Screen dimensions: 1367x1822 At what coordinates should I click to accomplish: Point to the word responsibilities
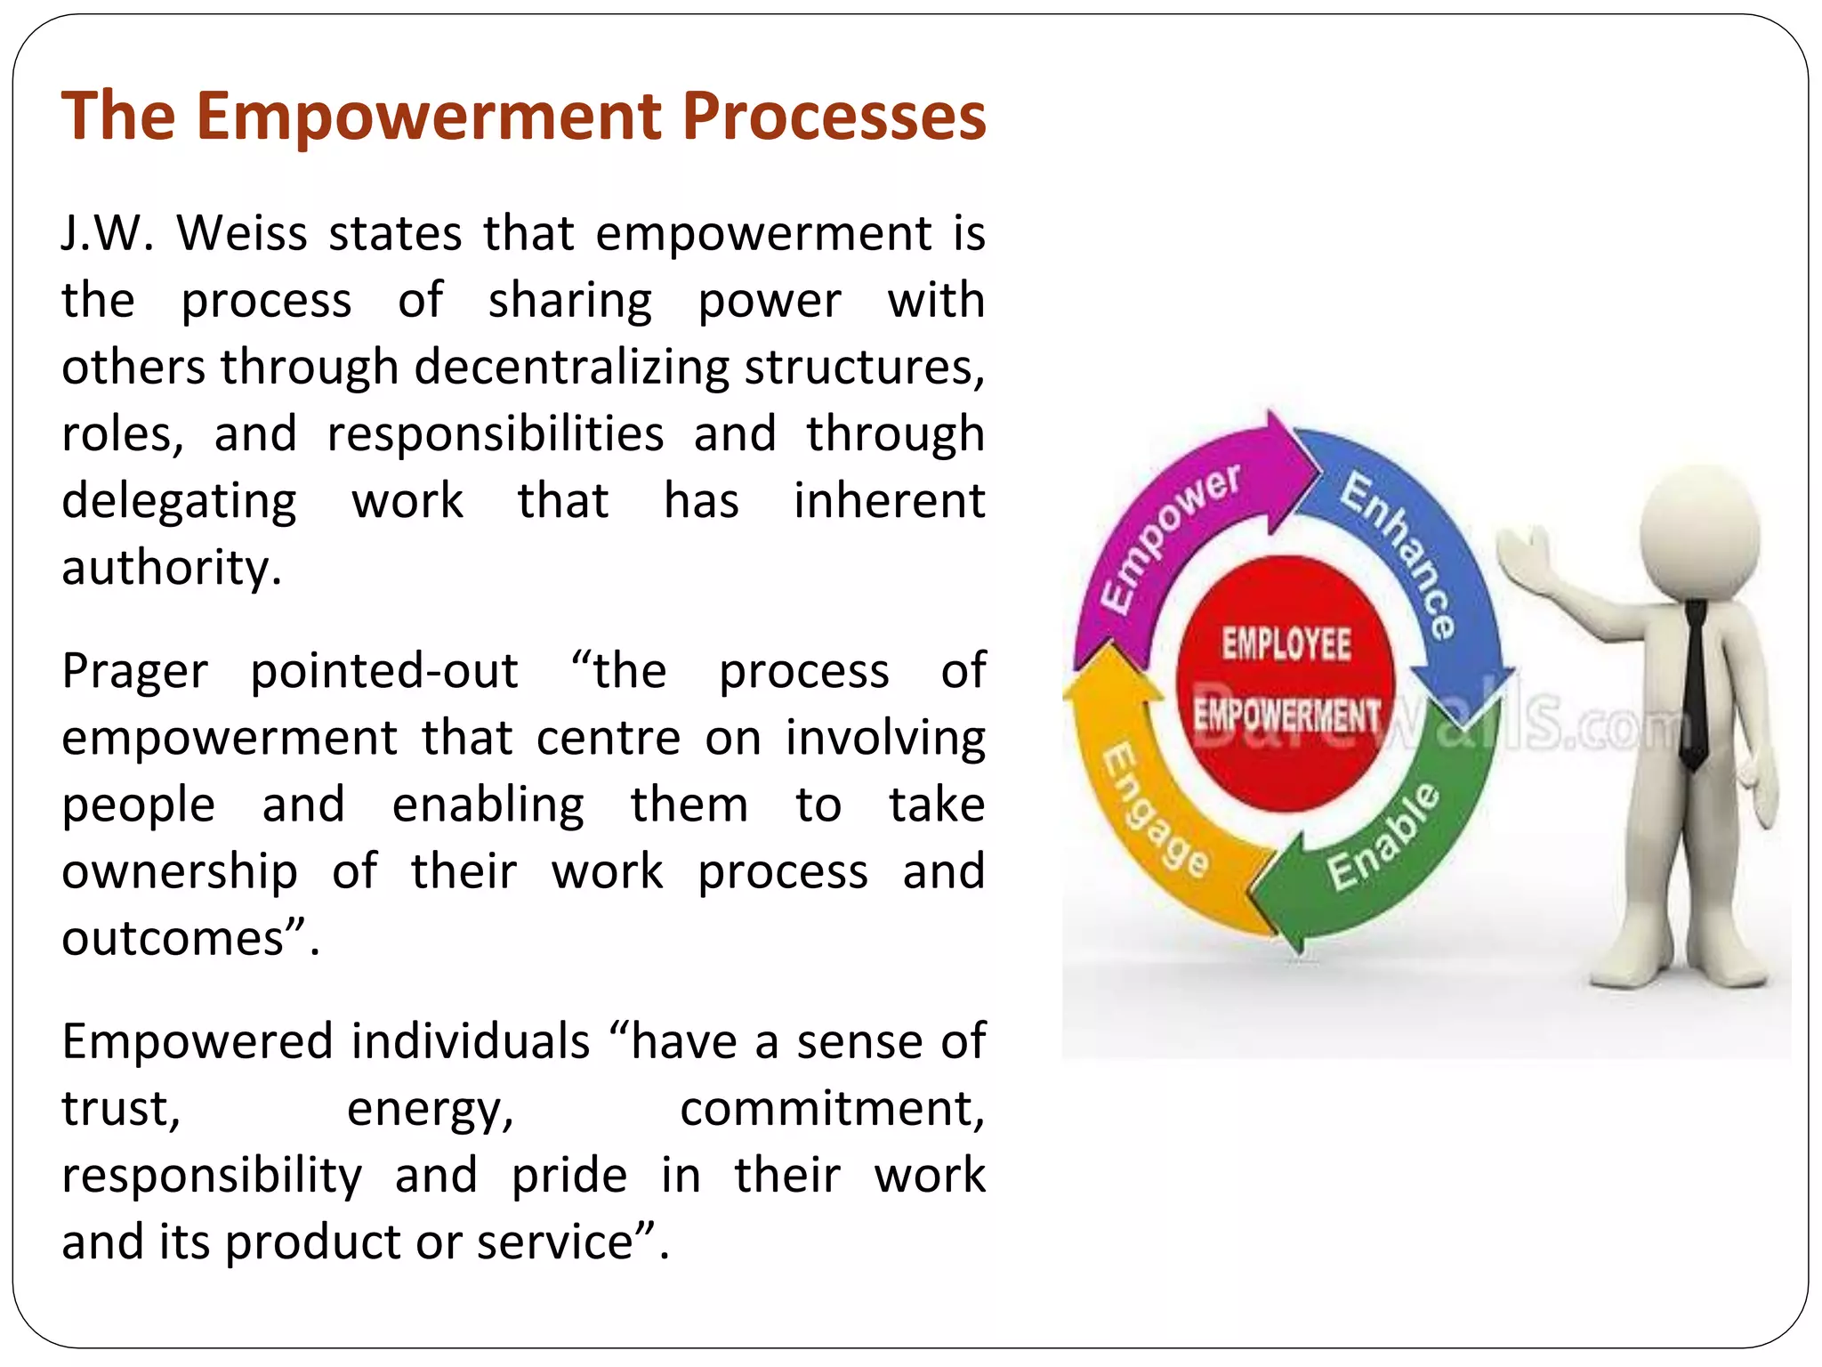pos(495,434)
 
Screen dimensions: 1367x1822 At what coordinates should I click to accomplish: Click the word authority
pos(170,568)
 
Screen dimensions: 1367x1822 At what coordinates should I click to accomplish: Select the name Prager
pos(134,672)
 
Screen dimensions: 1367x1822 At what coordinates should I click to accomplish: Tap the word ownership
pos(179,872)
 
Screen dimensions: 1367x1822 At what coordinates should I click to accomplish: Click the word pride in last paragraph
pos(568,1177)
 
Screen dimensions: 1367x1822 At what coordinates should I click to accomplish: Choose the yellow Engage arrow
pos(1148,819)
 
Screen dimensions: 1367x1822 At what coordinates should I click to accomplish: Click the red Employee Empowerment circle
pos(1286,681)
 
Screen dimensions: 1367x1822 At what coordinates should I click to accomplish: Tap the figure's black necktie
pos(1695,685)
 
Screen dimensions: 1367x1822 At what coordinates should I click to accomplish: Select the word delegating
pos(179,501)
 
